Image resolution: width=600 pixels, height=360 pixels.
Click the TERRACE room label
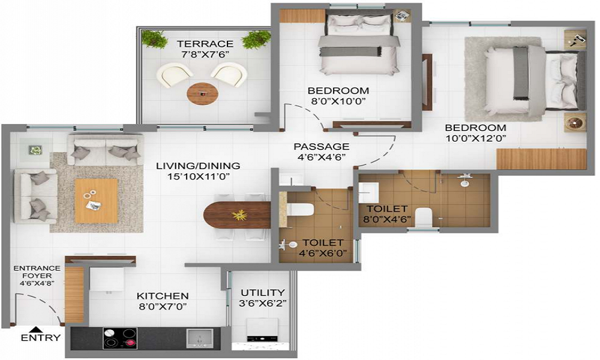coord(206,44)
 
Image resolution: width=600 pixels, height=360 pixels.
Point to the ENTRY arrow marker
coord(37,329)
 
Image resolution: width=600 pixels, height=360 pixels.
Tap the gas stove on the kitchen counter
coord(121,339)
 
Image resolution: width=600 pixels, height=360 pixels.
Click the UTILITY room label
coord(262,293)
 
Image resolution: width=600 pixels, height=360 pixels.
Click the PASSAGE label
coord(321,146)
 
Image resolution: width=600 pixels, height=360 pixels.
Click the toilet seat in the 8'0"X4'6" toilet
coord(424,216)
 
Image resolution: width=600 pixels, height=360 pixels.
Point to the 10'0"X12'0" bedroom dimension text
coord(475,139)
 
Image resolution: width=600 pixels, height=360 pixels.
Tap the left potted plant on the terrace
coord(155,39)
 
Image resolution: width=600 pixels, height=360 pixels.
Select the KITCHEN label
coord(163,296)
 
